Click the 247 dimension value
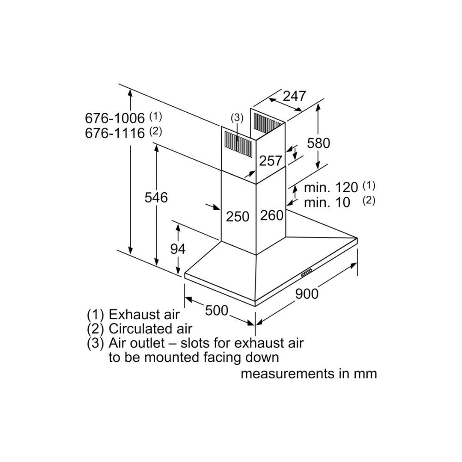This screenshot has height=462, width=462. pos(294,96)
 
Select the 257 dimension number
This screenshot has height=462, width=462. pos(270,161)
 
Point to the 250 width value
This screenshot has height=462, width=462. pos(237,216)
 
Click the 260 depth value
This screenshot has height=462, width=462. pos(271,215)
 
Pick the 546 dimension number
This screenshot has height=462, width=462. pos(156,197)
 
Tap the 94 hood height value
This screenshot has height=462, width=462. pos(177,249)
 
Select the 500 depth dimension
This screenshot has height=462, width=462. pos(217,310)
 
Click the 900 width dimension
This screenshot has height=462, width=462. pos(307,293)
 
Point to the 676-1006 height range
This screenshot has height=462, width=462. pos(115,117)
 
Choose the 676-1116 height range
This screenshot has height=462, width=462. pos(115,133)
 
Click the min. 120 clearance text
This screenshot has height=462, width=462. pos(331,187)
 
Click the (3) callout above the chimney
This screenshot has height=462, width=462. pos(237,118)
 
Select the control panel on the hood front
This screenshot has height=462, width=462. pos(306,273)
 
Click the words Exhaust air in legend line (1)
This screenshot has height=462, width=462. pos(144,315)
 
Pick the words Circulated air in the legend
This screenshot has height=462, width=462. pos(150,329)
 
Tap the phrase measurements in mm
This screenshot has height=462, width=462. pos(308,373)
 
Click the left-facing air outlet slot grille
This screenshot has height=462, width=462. pos(238,143)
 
